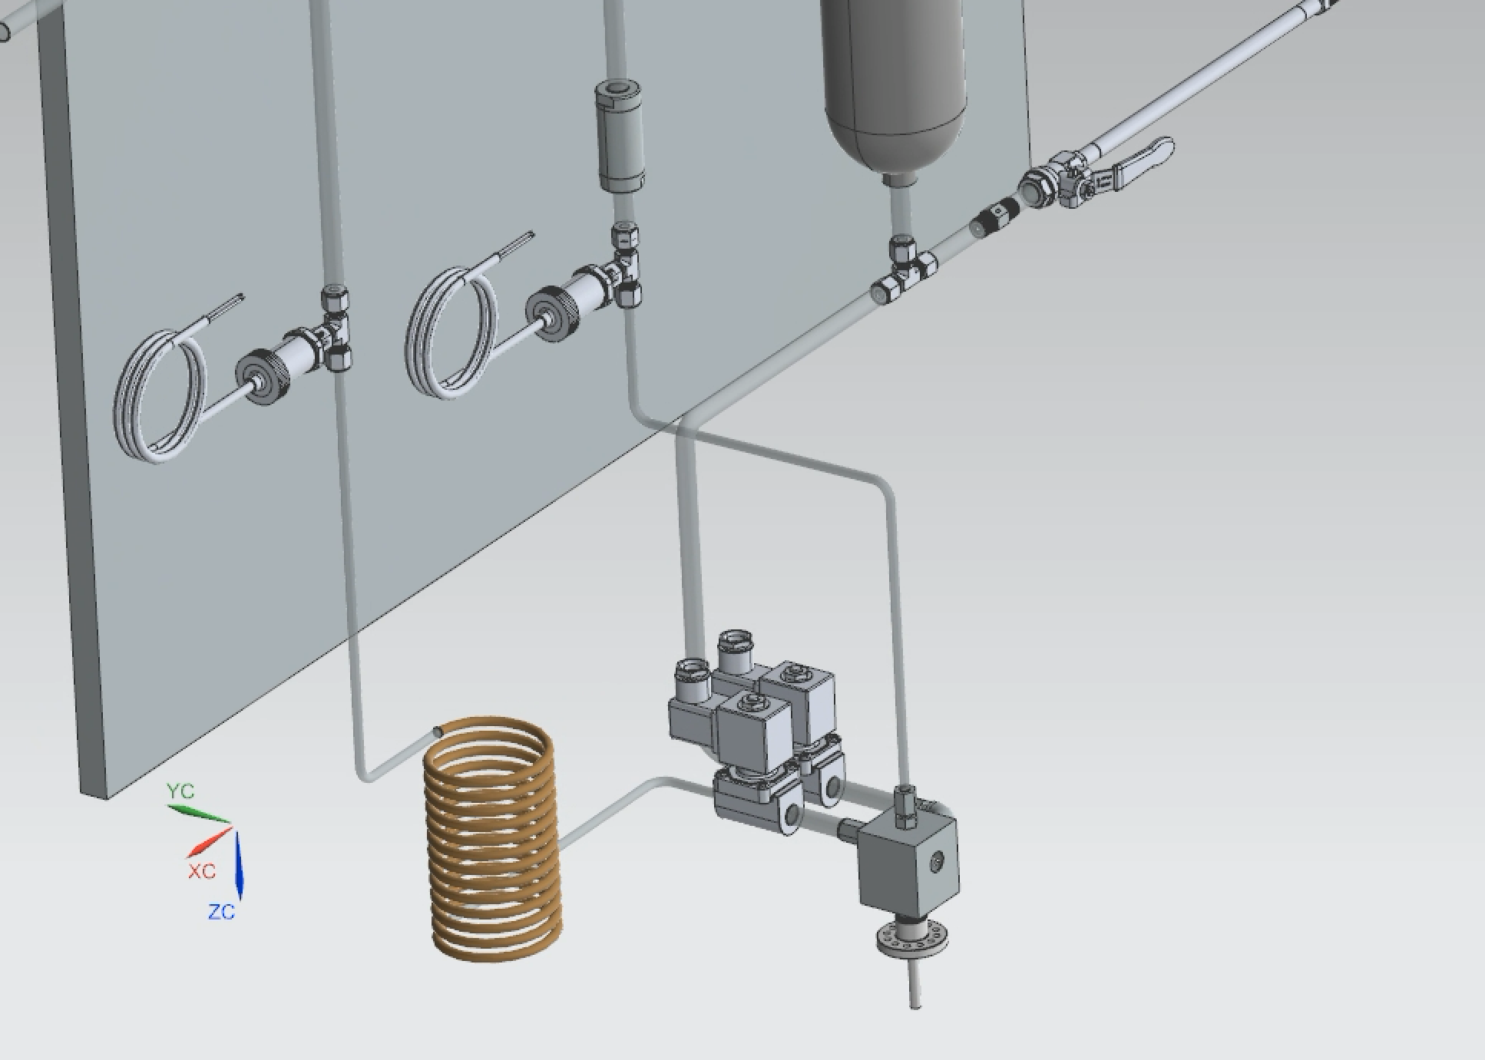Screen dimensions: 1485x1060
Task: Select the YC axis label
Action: coord(180,791)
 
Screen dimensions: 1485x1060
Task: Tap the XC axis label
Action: coord(202,872)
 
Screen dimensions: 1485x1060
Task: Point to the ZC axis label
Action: coord(222,913)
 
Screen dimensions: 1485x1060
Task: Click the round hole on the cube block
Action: coord(935,864)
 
